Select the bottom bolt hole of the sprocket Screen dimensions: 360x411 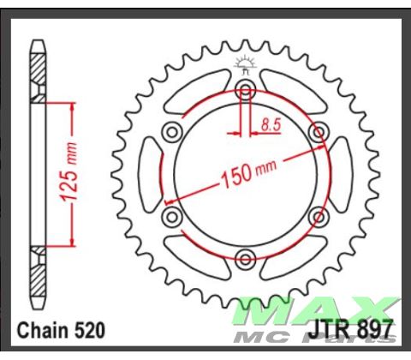pos(247,258)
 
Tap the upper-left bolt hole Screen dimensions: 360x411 pos(172,131)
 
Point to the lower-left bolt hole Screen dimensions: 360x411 pos(172,215)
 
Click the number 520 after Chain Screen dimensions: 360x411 pos(86,330)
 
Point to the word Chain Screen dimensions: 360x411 pos(41,330)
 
